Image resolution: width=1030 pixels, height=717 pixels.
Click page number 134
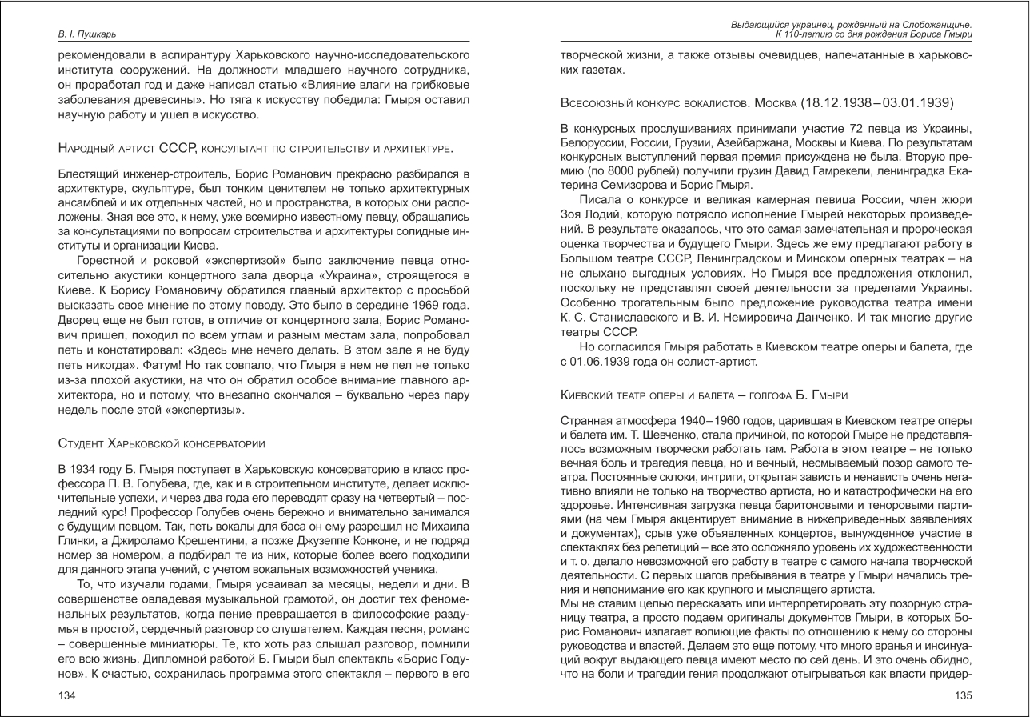tap(67, 695)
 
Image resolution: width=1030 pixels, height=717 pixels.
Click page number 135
tap(963, 695)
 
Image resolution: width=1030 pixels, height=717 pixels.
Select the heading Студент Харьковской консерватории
tap(162, 443)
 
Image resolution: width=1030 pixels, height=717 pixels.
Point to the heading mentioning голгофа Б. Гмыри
tap(704, 395)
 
